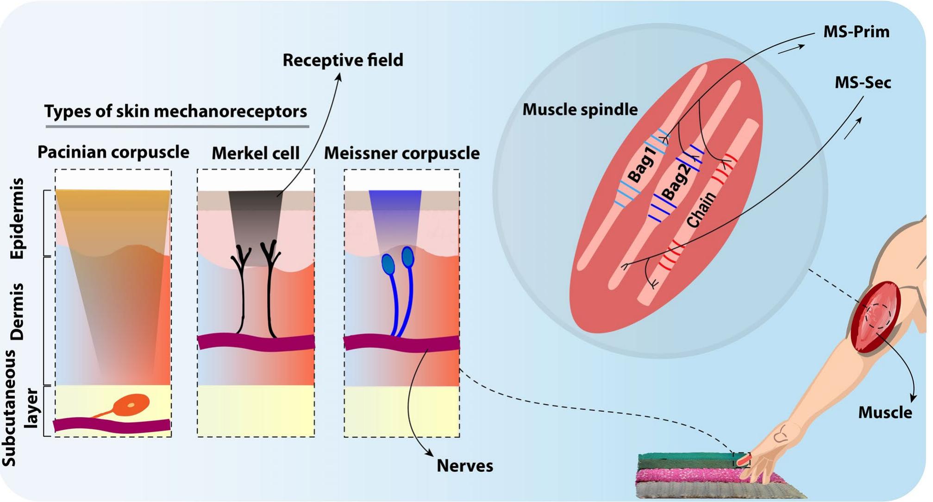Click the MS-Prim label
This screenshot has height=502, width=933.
coord(856,32)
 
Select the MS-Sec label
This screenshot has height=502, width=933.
coord(863,83)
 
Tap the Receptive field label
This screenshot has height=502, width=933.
coord(343,60)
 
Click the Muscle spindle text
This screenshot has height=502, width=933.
coord(580,110)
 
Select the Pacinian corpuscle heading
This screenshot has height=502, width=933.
coord(113,152)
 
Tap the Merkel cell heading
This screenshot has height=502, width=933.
coord(256,153)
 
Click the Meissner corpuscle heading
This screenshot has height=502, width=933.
coord(401,153)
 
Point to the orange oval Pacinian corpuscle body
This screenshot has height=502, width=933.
coord(131,404)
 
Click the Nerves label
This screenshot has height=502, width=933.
coord(465,466)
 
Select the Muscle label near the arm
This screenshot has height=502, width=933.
coord(885,413)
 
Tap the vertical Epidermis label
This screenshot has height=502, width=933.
coord(18,218)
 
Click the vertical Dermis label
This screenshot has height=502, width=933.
coord(18,311)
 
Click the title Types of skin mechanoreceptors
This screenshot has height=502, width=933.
coord(175,112)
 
